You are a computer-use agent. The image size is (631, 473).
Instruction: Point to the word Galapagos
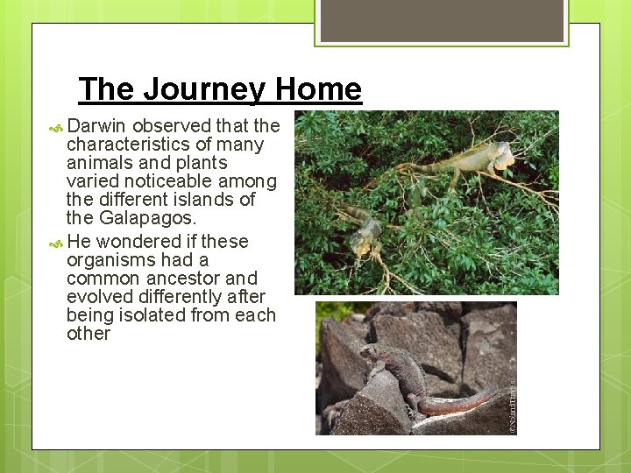pos(146,218)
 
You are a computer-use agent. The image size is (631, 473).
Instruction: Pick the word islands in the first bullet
pos(202,200)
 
